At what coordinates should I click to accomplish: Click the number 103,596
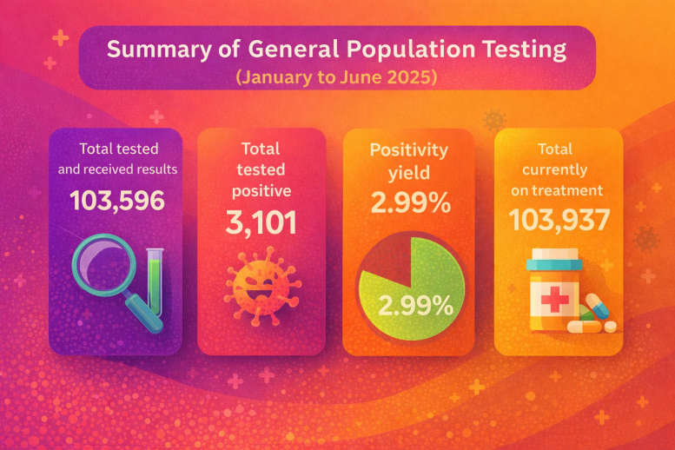click(x=116, y=201)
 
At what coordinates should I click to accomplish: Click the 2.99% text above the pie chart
click(x=409, y=205)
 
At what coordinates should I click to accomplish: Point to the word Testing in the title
click(x=527, y=49)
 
